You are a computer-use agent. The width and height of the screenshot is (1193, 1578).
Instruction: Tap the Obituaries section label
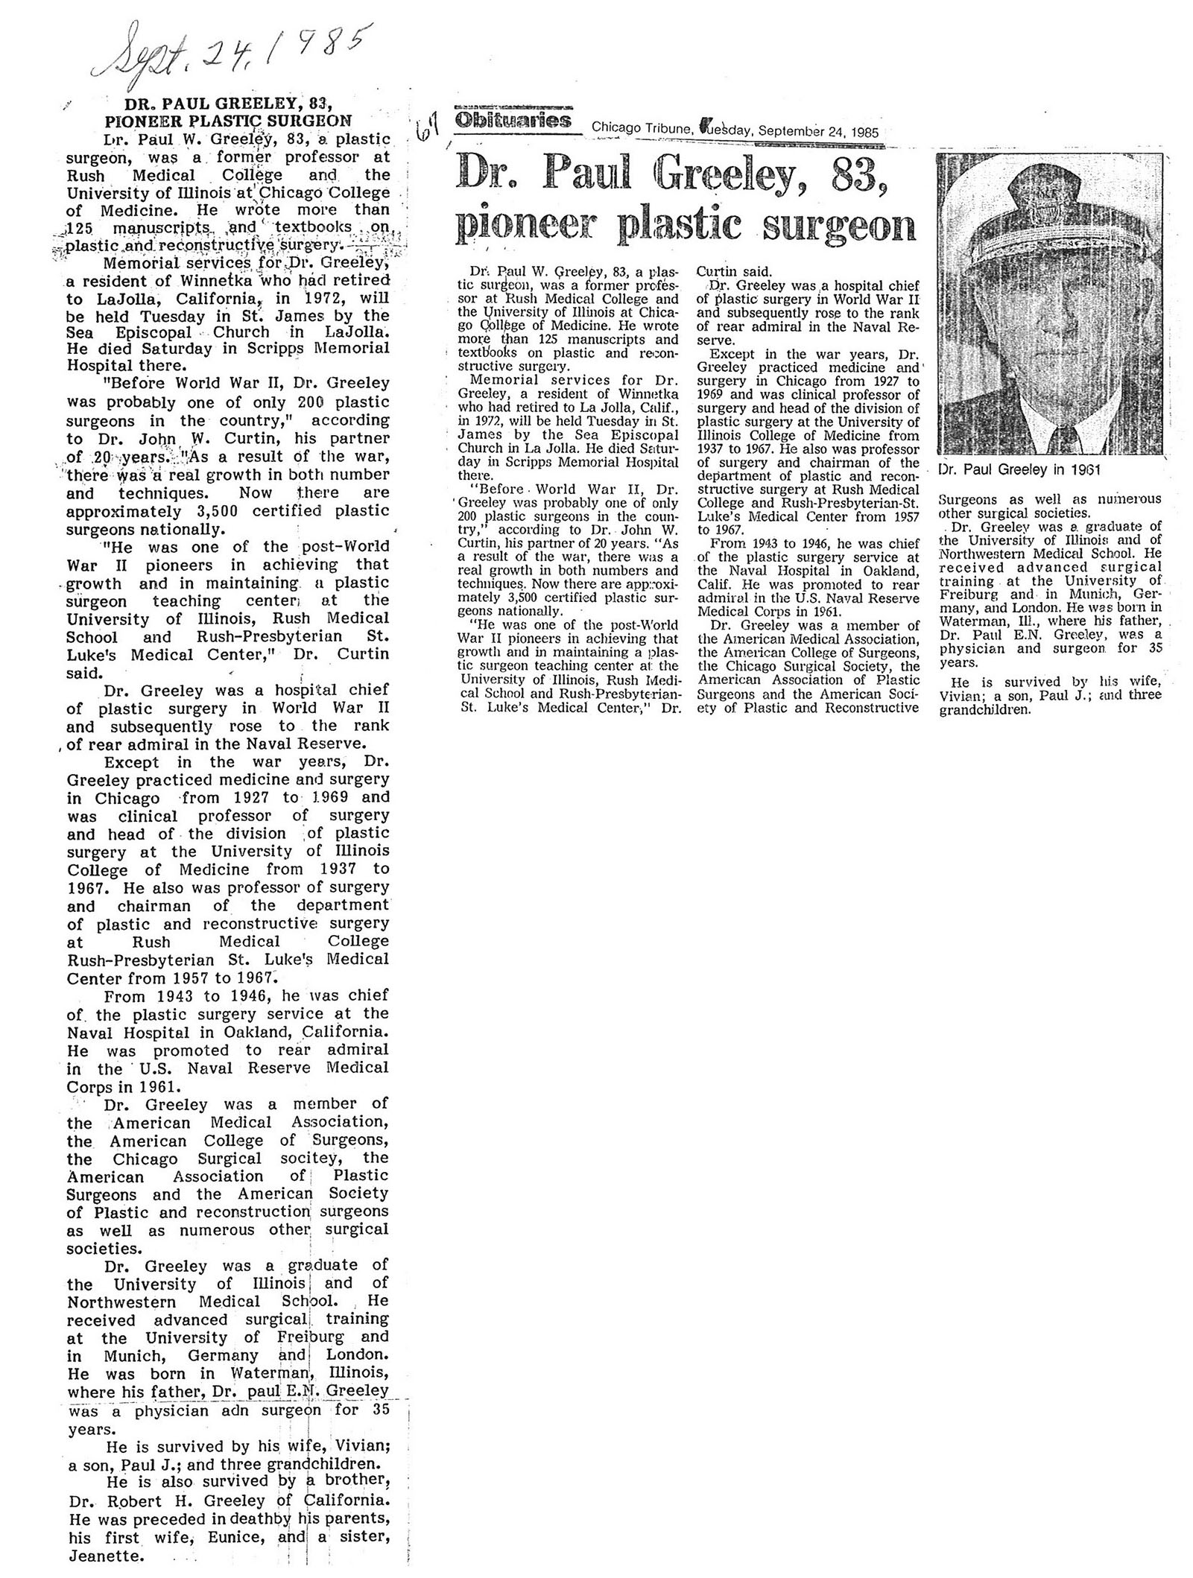click(512, 121)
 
